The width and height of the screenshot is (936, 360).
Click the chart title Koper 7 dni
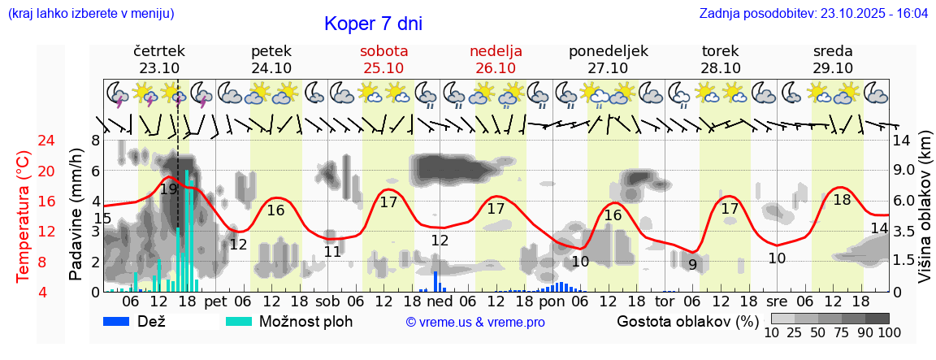pyautogui.click(x=373, y=24)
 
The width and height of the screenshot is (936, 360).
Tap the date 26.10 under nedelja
pyautogui.click(x=496, y=67)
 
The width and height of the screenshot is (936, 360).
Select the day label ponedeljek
pyautogui.click(x=608, y=50)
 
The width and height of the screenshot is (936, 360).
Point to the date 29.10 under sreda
pyautogui.click(x=833, y=67)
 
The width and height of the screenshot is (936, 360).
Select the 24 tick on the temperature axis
pyautogui.click(x=24, y=141)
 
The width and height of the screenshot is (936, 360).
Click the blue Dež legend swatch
pyautogui.click(x=122, y=321)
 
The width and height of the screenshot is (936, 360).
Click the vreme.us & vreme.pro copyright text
pyautogui.click(x=475, y=323)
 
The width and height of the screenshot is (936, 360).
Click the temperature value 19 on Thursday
pyautogui.click(x=168, y=189)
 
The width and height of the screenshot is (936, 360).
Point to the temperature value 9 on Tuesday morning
pyautogui.click(x=692, y=264)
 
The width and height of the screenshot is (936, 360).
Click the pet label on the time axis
pyautogui.click(x=215, y=301)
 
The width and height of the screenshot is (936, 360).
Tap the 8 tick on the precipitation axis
pyautogui.click(x=95, y=141)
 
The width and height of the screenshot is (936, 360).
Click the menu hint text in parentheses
pyautogui.click(x=90, y=14)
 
